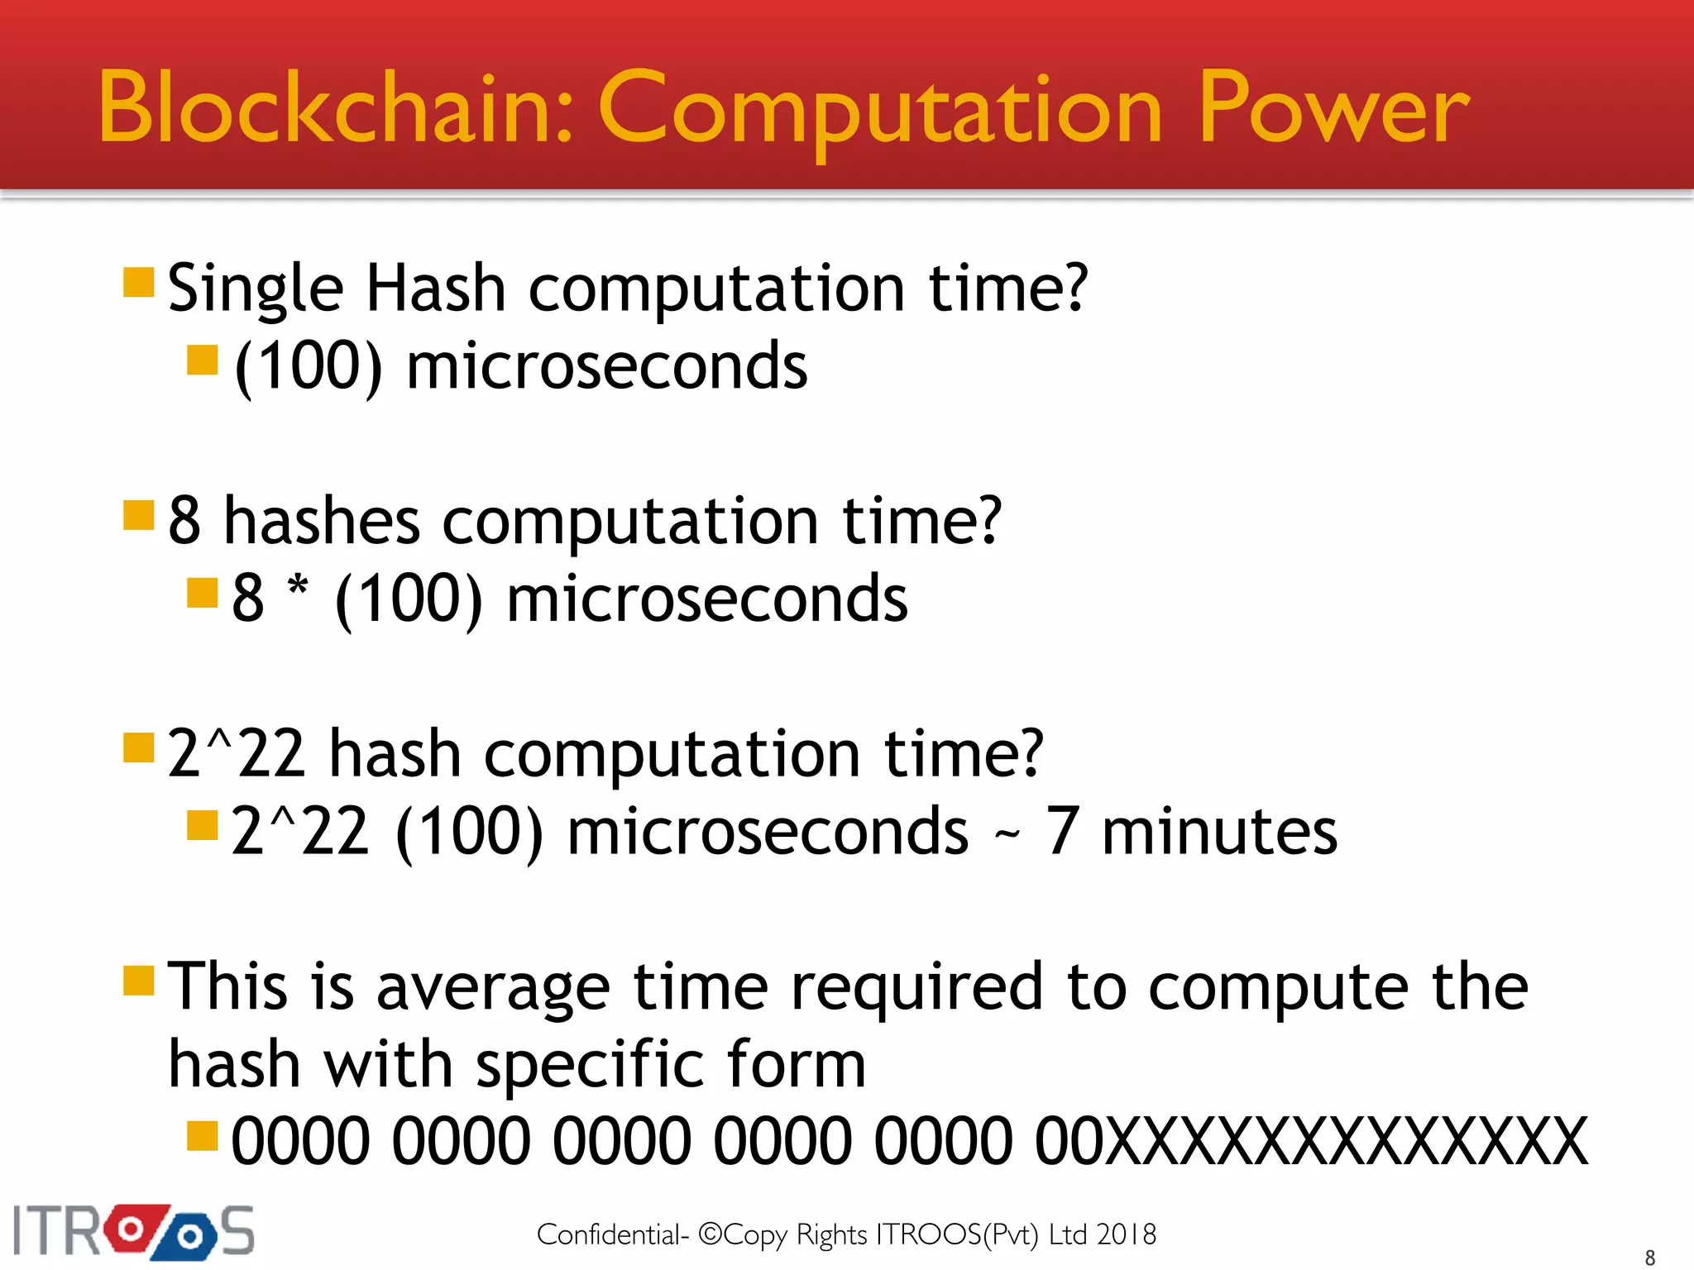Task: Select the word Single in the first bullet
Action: pos(255,289)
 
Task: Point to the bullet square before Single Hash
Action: pos(139,282)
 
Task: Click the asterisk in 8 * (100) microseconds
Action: pos(298,589)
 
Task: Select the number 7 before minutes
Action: pos(1062,831)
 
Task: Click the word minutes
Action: pos(1219,831)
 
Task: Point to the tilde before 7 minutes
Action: pos(1007,835)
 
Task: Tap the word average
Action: pos(493,987)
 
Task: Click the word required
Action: pos(916,987)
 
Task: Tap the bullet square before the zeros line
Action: pos(203,1136)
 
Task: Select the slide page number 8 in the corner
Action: pos(1650,1258)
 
